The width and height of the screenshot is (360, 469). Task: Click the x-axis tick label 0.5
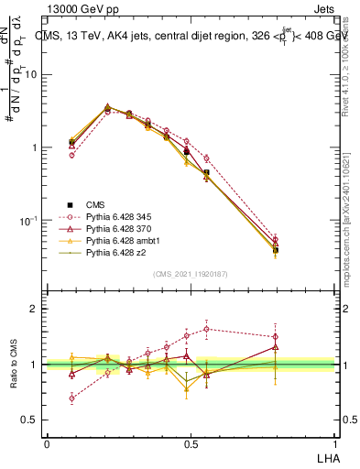(x=190, y=442)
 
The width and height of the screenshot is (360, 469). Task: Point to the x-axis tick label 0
(x=47, y=442)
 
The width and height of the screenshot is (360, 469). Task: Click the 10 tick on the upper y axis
(x=32, y=74)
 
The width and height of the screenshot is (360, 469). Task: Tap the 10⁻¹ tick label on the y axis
(x=30, y=221)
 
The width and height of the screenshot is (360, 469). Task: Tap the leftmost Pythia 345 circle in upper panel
(x=72, y=156)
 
